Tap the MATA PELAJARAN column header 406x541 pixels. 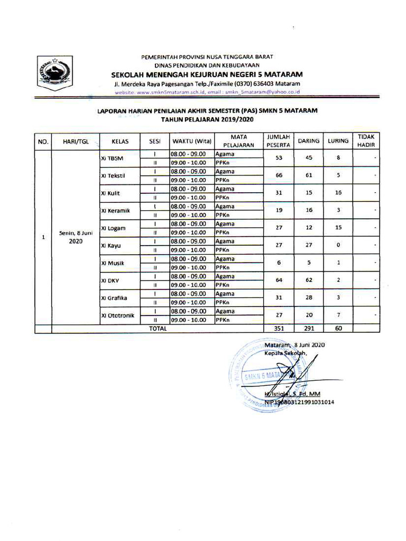[x=239, y=141]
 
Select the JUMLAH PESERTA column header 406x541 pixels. [x=278, y=141]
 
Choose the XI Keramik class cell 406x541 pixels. [x=115, y=211]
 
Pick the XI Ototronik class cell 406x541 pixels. [x=117, y=315]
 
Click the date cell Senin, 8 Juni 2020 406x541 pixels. [x=72, y=237]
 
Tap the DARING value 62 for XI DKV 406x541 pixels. [x=309, y=280]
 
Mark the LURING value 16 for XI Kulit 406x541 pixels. [x=339, y=193]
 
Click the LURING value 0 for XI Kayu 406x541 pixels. [x=339, y=245]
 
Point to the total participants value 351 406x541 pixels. [x=278, y=328]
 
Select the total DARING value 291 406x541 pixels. [x=309, y=328]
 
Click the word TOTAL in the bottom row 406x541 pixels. [x=158, y=328]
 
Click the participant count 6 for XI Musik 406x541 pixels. [x=278, y=263]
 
